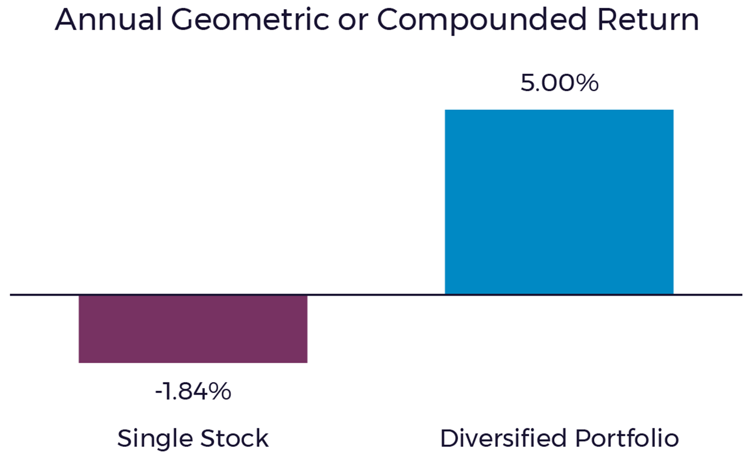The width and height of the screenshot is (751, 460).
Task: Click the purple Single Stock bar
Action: coord(193,329)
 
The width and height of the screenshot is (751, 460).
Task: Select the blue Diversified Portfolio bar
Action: coord(559,202)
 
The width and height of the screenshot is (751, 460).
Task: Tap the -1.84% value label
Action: coord(193,391)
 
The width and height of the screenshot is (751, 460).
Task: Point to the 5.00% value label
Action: coord(560,83)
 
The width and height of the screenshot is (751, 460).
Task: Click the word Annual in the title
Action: coord(109,20)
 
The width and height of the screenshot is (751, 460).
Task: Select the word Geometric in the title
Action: coord(250,20)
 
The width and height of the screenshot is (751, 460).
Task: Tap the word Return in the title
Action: coord(648,20)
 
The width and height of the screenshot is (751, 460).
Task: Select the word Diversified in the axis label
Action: coord(503,438)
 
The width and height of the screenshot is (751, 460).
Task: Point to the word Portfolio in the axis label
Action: coord(627,438)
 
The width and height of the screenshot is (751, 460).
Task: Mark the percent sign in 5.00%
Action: coord(588,83)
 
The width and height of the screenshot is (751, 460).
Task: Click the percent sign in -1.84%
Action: coord(221,391)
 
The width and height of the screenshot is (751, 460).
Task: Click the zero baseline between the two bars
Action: coord(376,295)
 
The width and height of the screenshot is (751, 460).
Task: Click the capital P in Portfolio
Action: coord(583,438)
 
